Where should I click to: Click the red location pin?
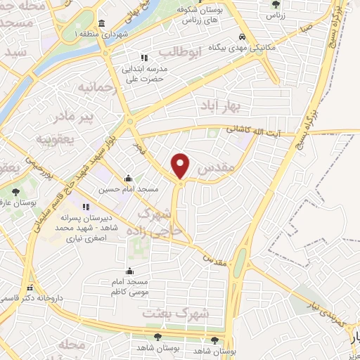181,166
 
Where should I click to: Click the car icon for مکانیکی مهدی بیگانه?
242,37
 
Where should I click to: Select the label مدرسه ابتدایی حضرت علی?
144,74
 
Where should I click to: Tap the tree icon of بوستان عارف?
15,191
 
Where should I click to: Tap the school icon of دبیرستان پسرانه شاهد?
86,207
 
